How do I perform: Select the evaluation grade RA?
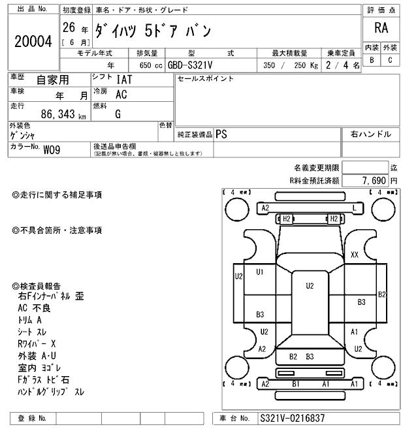(381, 29)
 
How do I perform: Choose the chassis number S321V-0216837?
(292, 419)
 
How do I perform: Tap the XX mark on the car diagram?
(355, 255)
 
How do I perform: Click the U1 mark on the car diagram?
(260, 272)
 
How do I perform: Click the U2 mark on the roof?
(310, 285)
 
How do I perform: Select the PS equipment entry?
(222, 134)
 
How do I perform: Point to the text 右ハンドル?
(370, 134)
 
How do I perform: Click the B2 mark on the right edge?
(382, 294)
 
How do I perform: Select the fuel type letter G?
(118, 113)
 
